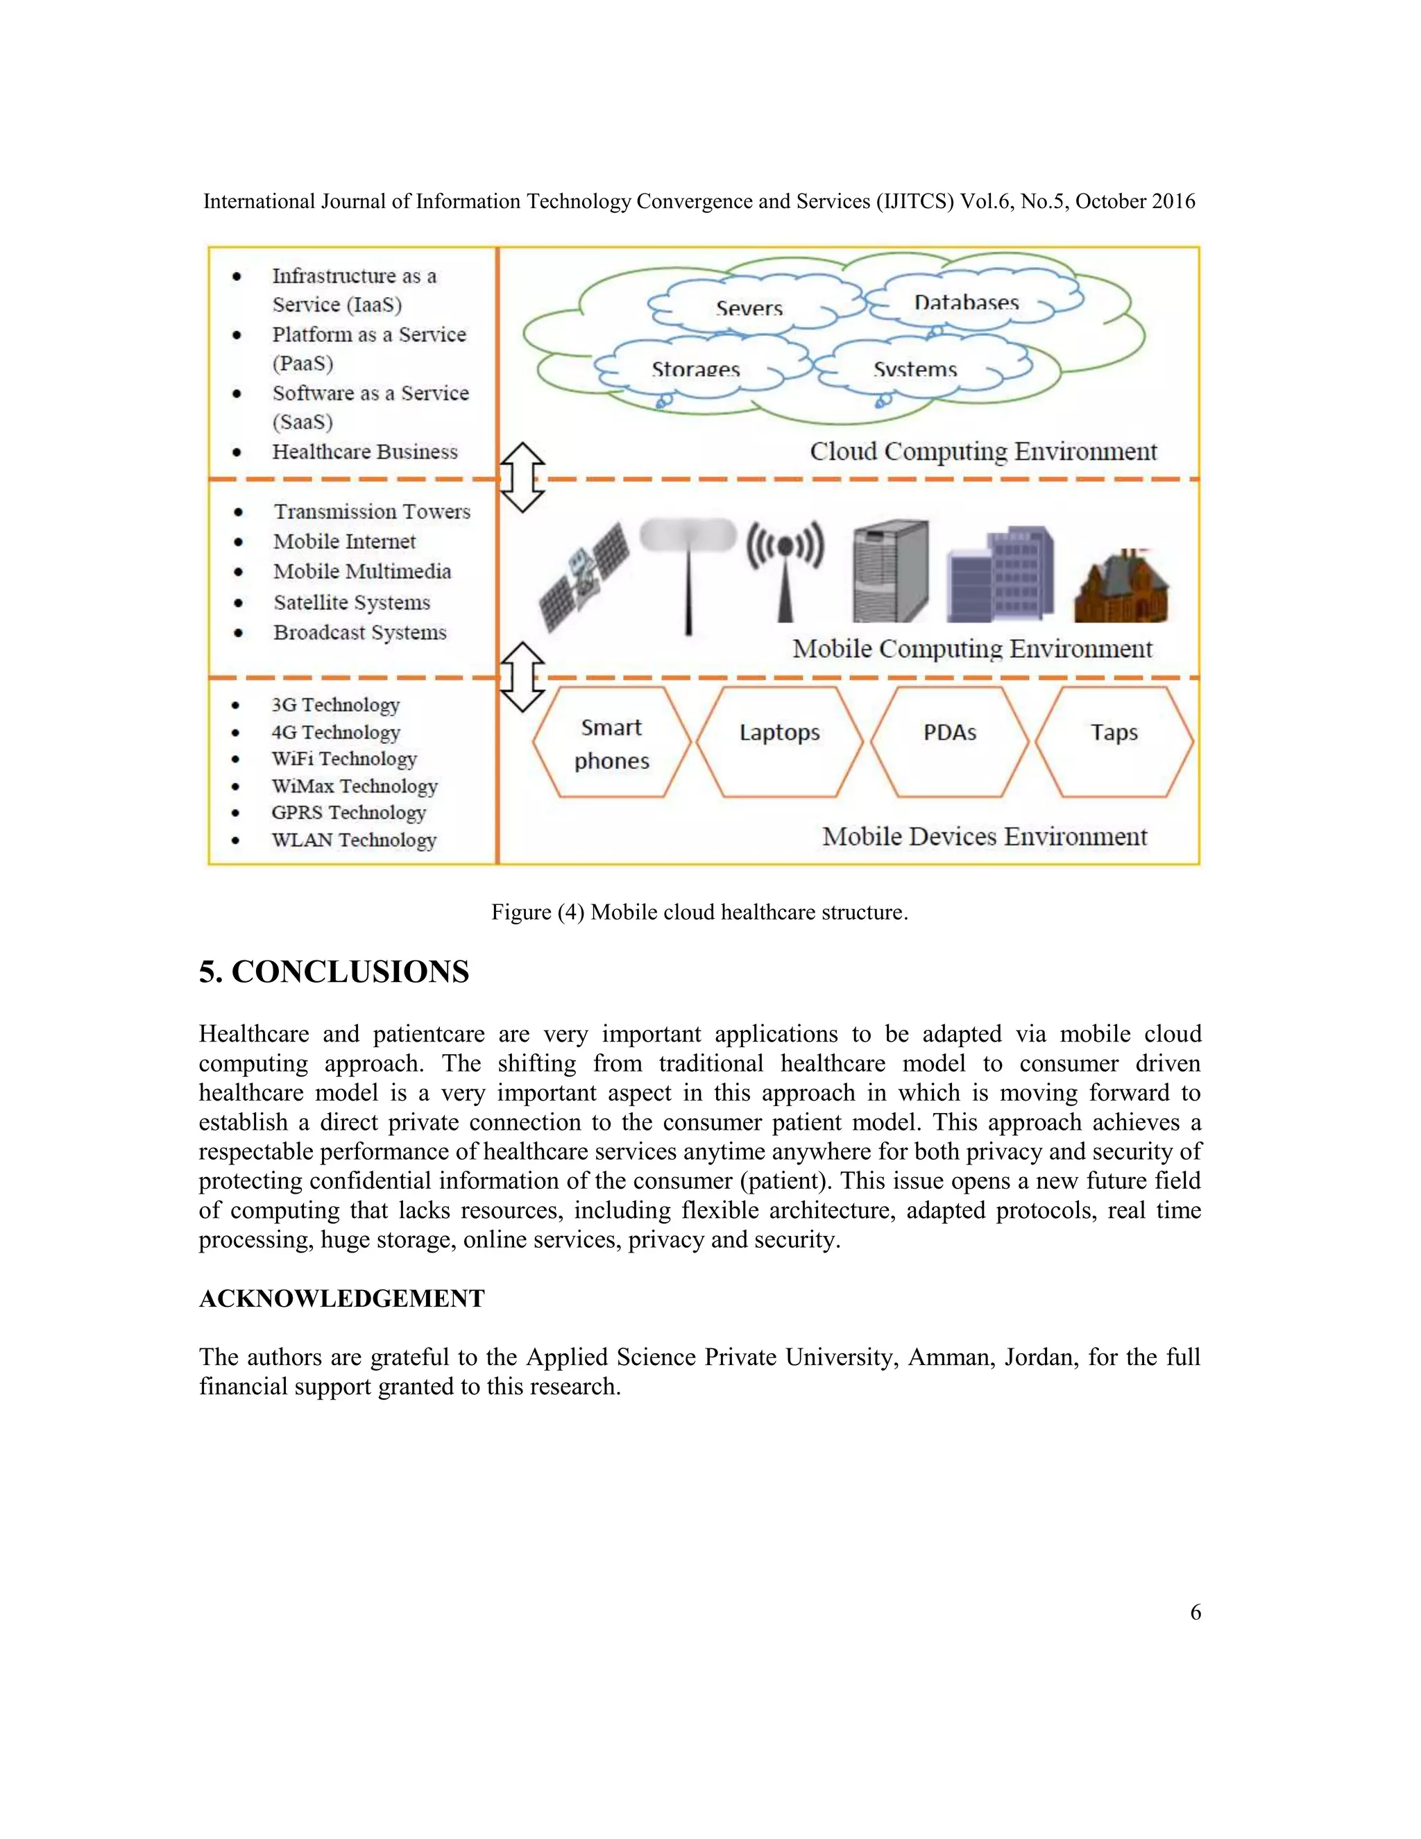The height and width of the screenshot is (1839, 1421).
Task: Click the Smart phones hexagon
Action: (x=612, y=743)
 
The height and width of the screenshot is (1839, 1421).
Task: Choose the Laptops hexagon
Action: (x=779, y=741)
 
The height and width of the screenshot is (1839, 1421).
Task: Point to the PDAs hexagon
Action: (x=950, y=741)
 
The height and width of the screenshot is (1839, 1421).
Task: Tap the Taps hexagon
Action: (x=1114, y=741)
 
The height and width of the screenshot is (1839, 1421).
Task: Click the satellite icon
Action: (x=584, y=575)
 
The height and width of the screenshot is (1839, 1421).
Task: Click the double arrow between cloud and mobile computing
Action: (x=522, y=477)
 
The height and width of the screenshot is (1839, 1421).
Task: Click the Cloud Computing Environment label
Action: (x=983, y=451)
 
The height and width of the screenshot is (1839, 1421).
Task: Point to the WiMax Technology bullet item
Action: (x=355, y=786)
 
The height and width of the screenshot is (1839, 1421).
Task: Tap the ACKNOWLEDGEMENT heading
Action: (x=342, y=1298)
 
